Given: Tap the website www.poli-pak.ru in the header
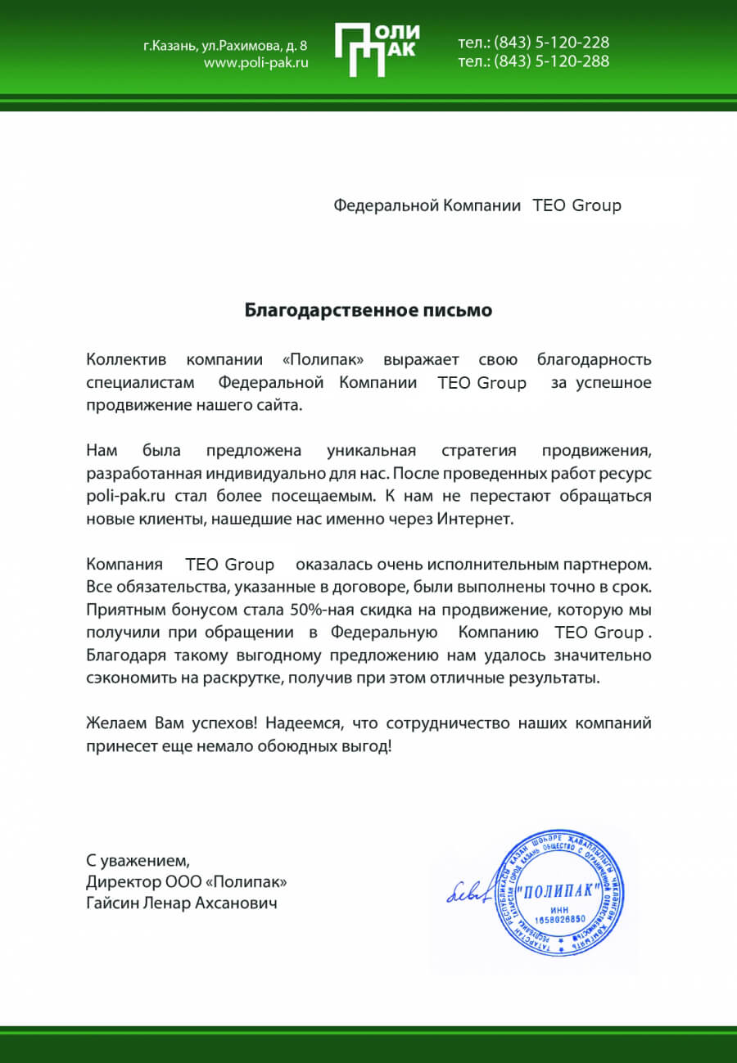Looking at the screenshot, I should pos(255,63).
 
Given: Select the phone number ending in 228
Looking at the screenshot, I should pos(533,43).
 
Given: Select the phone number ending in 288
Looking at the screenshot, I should pos(533,61).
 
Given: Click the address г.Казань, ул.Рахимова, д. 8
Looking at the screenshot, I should pos(226,45).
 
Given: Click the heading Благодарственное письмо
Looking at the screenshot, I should pos(368,310).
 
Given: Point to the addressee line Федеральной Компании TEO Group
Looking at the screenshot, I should pos(477,205).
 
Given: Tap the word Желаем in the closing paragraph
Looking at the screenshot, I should pos(117,723).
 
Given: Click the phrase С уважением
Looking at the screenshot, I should pos(138,860).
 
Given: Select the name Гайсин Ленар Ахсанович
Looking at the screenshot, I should pos(181,903).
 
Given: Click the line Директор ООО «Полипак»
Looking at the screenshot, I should pos(187,882).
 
